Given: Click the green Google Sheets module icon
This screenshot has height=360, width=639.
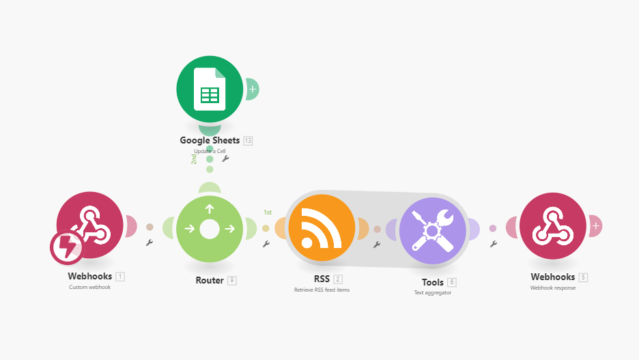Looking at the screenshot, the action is click(210, 89).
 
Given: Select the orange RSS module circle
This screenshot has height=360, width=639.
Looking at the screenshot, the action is click(322, 227).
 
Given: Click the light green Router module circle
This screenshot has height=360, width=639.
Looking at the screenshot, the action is click(210, 227).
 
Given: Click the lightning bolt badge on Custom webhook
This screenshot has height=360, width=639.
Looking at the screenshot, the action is click(67, 247).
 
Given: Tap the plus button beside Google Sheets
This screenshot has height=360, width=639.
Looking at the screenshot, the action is click(253, 89).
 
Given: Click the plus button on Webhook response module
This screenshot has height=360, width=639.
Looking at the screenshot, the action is click(596, 225).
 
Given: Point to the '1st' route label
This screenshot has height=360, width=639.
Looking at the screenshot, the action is click(268, 212).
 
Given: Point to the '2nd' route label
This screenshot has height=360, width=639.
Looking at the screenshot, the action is click(194, 158).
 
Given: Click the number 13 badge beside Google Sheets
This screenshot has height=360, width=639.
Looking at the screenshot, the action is click(248, 141).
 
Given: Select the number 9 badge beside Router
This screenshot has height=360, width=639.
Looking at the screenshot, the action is click(232, 280).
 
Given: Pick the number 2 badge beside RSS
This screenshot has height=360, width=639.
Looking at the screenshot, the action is click(338, 279).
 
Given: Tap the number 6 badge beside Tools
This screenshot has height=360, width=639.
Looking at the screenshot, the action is click(452, 282).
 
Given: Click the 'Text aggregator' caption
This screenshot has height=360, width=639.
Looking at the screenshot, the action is click(432, 292).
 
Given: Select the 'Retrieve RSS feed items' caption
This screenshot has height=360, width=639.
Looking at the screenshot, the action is click(322, 290).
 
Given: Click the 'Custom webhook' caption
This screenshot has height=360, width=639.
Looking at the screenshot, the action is click(89, 287).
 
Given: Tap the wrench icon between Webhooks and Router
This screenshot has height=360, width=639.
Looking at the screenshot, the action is click(150, 243).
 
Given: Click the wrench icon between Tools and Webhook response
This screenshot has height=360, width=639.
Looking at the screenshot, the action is click(494, 243).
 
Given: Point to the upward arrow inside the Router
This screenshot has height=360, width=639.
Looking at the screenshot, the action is click(210, 209).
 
